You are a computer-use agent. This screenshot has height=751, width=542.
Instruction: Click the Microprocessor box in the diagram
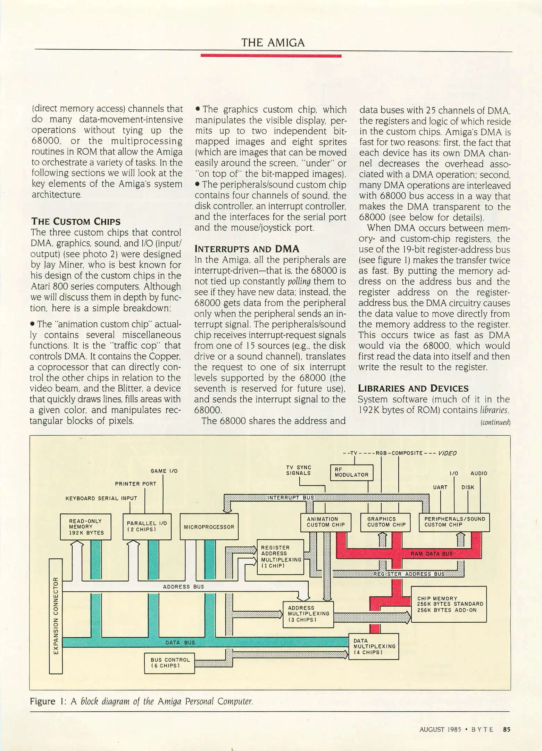[x=209, y=527]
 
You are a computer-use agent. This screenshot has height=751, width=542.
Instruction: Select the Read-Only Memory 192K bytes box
[x=85, y=527]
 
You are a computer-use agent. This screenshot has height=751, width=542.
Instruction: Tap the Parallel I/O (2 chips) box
[x=147, y=526]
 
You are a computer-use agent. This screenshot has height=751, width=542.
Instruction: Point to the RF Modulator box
[x=351, y=472]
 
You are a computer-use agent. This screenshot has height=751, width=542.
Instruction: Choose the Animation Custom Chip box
[x=326, y=522]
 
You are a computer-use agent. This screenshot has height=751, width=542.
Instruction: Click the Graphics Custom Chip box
[x=385, y=522]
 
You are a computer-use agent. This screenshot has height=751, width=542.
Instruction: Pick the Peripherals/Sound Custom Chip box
[x=454, y=522]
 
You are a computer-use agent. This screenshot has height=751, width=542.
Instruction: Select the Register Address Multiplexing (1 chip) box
[x=280, y=557]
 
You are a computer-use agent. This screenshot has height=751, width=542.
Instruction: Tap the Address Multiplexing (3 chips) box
[x=308, y=614]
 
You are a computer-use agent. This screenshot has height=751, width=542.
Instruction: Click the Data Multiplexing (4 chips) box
[x=374, y=646]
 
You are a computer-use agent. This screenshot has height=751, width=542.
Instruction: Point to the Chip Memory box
[x=449, y=604]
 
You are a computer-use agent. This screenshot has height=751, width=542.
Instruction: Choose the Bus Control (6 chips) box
[x=169, y=663]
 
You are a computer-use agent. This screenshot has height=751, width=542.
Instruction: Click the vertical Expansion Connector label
[x=56, y=615]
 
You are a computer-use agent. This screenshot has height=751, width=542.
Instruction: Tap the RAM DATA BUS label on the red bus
[x=432, y=554]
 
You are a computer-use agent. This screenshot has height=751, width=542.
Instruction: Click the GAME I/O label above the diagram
[x=164, y=471]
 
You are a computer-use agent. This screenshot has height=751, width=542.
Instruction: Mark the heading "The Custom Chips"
[x=76, y=221]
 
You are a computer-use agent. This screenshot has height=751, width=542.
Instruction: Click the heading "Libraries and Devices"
[x=413, y=388]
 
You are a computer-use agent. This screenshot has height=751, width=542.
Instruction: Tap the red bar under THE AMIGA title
[x=271, y=56]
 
